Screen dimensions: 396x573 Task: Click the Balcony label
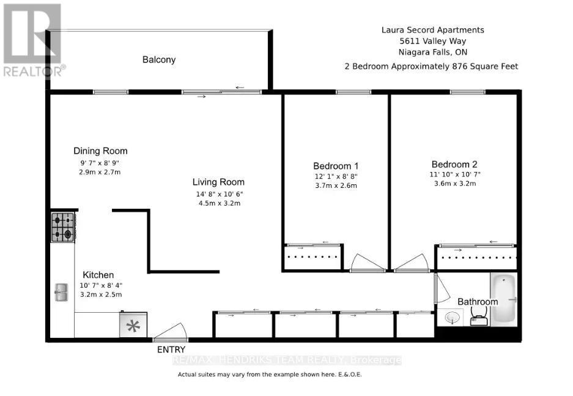[159, 59]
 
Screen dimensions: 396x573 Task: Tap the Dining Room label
[100, 151]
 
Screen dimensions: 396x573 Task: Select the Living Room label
[218, 182]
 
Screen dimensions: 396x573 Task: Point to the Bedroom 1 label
[336, 166]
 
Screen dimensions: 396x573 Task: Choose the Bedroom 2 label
[454, 164]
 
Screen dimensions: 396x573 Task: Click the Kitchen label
[98, 275]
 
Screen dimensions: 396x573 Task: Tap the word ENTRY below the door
[171, 349]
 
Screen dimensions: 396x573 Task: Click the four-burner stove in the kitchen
[63, 226]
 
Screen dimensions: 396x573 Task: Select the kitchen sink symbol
[61, 292]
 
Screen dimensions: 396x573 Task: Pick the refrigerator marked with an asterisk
[133, 325]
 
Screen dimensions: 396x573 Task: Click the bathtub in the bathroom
[503, 299]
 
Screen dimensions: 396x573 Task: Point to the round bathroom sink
[453, 318]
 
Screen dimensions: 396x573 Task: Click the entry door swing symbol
[168, 332]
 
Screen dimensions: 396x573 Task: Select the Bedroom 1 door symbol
[367, 263]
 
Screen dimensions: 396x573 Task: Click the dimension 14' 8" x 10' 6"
[218, 195]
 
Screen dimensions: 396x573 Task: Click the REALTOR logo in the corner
[31, 40]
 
